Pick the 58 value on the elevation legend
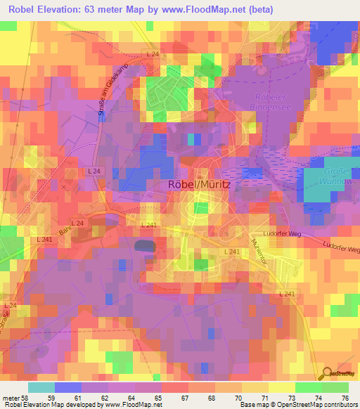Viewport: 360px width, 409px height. [x=27, y=397]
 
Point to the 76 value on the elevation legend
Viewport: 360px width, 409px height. [x=345, y=397]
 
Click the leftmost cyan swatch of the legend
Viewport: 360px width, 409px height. [x=41, y=387]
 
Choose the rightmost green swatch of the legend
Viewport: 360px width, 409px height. [x=335, y=387]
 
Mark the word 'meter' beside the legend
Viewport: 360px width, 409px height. [x=11, y=397]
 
